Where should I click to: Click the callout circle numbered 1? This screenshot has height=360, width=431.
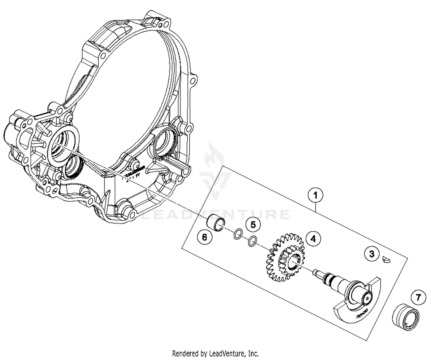(315, 195)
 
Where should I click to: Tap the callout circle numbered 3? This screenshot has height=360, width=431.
(372, 254)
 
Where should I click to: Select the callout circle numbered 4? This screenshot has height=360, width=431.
(313, 238)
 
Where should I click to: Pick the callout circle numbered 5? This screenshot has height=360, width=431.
(253, 224)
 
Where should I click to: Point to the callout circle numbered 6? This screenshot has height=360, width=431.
(204, 237)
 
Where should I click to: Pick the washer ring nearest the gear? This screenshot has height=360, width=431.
(252, 241)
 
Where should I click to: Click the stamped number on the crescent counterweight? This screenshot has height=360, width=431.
(362, 315)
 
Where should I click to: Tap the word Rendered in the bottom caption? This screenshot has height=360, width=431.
(185, 353)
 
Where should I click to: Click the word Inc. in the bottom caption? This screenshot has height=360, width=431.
(253, 353)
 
